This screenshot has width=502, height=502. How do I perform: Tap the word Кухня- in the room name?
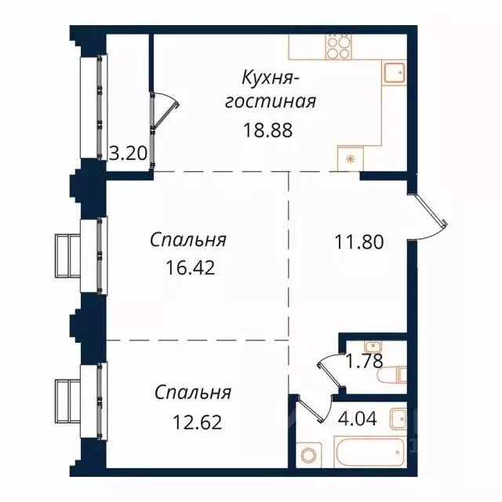(271, 78)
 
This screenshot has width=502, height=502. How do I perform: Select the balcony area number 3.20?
(127, 153)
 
